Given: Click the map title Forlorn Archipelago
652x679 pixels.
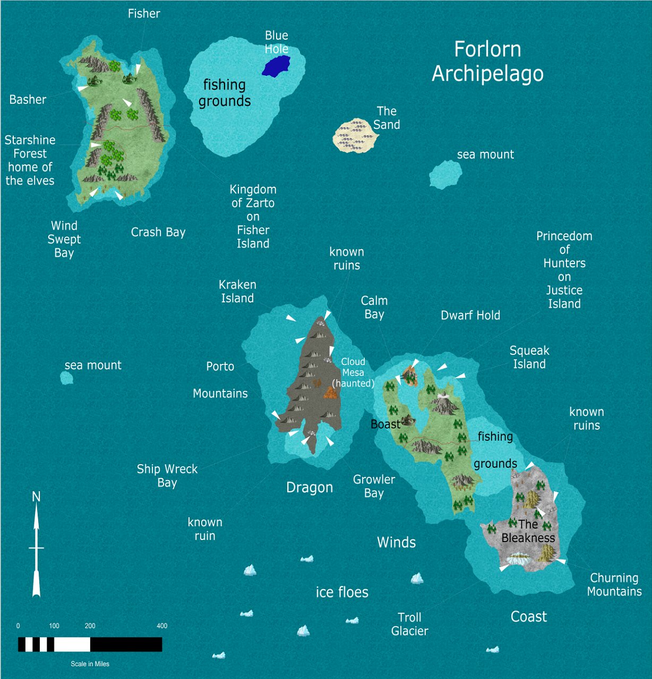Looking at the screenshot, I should click(487, 62).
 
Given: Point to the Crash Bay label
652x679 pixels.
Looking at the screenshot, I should click(158, 232).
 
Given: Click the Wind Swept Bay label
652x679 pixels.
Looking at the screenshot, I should click(64, 239).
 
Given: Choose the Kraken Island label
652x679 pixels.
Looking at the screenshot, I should click(237, 292).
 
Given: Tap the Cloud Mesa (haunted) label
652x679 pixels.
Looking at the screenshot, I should click(353, 372).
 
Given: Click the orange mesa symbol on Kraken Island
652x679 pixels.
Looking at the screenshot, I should click(331, 393).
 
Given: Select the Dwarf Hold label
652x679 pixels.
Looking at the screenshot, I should click(470, 316).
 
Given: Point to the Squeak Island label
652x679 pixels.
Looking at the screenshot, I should click(529, 357).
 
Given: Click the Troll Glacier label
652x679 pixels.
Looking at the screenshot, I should click(409, 624).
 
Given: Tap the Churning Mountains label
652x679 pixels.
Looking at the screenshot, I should click(614, 585).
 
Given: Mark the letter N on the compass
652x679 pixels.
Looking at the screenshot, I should click(36, 497).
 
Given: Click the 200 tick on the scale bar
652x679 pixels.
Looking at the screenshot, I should click(90, 626).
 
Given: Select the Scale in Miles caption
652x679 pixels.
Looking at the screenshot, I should click(90, 664).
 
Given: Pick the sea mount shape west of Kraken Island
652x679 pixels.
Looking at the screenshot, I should click(67, 378).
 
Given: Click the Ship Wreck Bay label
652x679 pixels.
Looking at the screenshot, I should click(167, 476).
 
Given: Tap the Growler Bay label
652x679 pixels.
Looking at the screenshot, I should click(374, 486).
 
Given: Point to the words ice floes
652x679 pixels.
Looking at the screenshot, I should click(342, 592).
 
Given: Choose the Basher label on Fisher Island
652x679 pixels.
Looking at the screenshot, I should click(28, 100).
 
